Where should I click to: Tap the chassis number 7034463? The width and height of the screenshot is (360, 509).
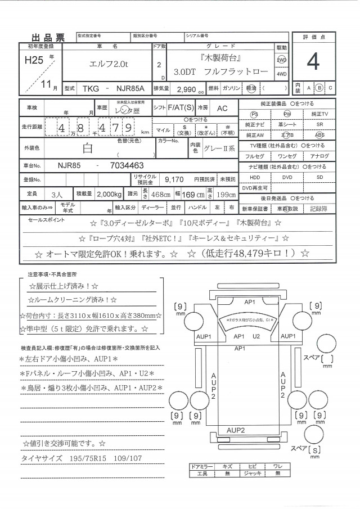[124, 165]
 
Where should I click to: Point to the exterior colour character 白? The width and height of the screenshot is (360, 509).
[88, 149]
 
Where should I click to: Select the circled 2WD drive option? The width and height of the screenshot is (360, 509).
[281, 60]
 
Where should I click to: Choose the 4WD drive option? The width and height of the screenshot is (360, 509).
[281, 74]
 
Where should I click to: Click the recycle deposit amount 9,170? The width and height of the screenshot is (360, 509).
[174, 179]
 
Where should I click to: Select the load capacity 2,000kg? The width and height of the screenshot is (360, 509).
[109, 193]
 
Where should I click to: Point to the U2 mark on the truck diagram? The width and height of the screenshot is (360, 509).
[255, 336]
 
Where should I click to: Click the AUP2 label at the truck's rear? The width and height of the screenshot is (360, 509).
[235, 430]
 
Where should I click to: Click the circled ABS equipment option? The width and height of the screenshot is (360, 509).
[319, 135]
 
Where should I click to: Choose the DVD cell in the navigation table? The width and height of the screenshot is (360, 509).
[287, 177]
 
